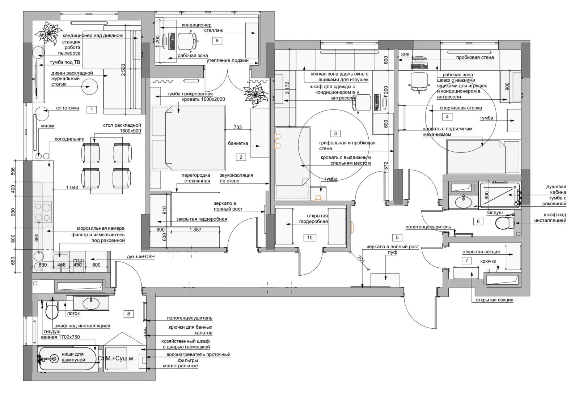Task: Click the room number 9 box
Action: (217, 40)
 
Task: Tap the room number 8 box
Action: (128, 314)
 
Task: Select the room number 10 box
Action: (310, 238)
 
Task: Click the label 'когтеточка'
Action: (67, 108)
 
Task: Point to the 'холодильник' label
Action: (69, 139)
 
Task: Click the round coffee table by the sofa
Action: (90, 87)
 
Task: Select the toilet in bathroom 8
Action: (52, 309)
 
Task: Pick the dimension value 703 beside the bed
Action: (237, 127)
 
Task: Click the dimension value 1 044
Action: (72, 187)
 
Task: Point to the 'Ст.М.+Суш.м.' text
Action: (116, 358)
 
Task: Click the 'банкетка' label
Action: (238, 143)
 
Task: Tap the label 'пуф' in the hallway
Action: (392, 252)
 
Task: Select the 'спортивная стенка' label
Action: (461, 108)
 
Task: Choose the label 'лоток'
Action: (73, 314)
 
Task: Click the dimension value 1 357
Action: (195, 230)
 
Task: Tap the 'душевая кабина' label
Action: (556, 189)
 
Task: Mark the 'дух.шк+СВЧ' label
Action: (141, 257)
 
